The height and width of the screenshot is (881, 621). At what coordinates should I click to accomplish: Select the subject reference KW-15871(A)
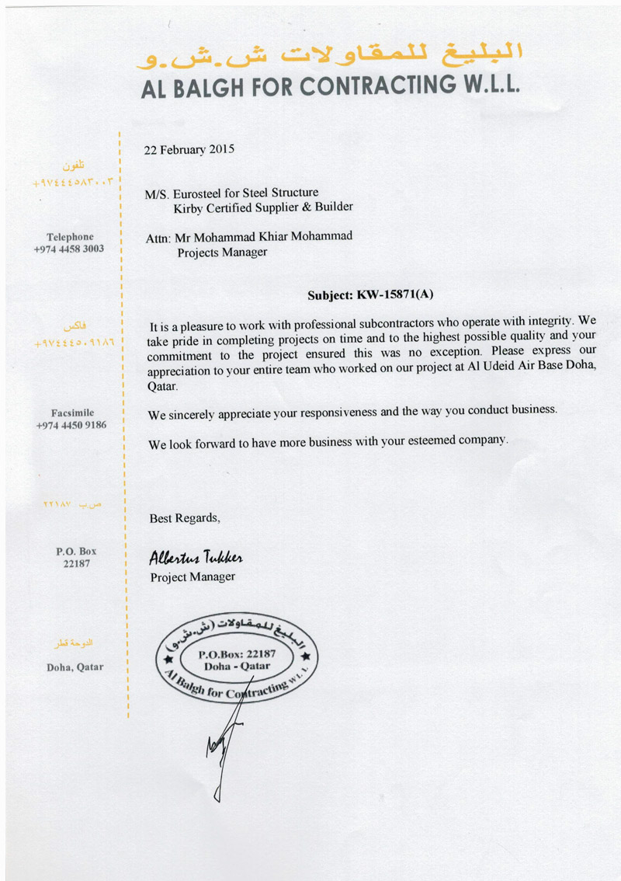[394, 295]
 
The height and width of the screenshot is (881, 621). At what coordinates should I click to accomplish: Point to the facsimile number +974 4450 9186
[71, 426]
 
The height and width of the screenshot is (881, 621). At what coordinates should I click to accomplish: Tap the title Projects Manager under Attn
[223, 252]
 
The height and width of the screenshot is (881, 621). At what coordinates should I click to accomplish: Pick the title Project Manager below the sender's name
[192, 576]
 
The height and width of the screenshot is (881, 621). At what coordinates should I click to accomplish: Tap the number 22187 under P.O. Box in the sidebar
[77, 563]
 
